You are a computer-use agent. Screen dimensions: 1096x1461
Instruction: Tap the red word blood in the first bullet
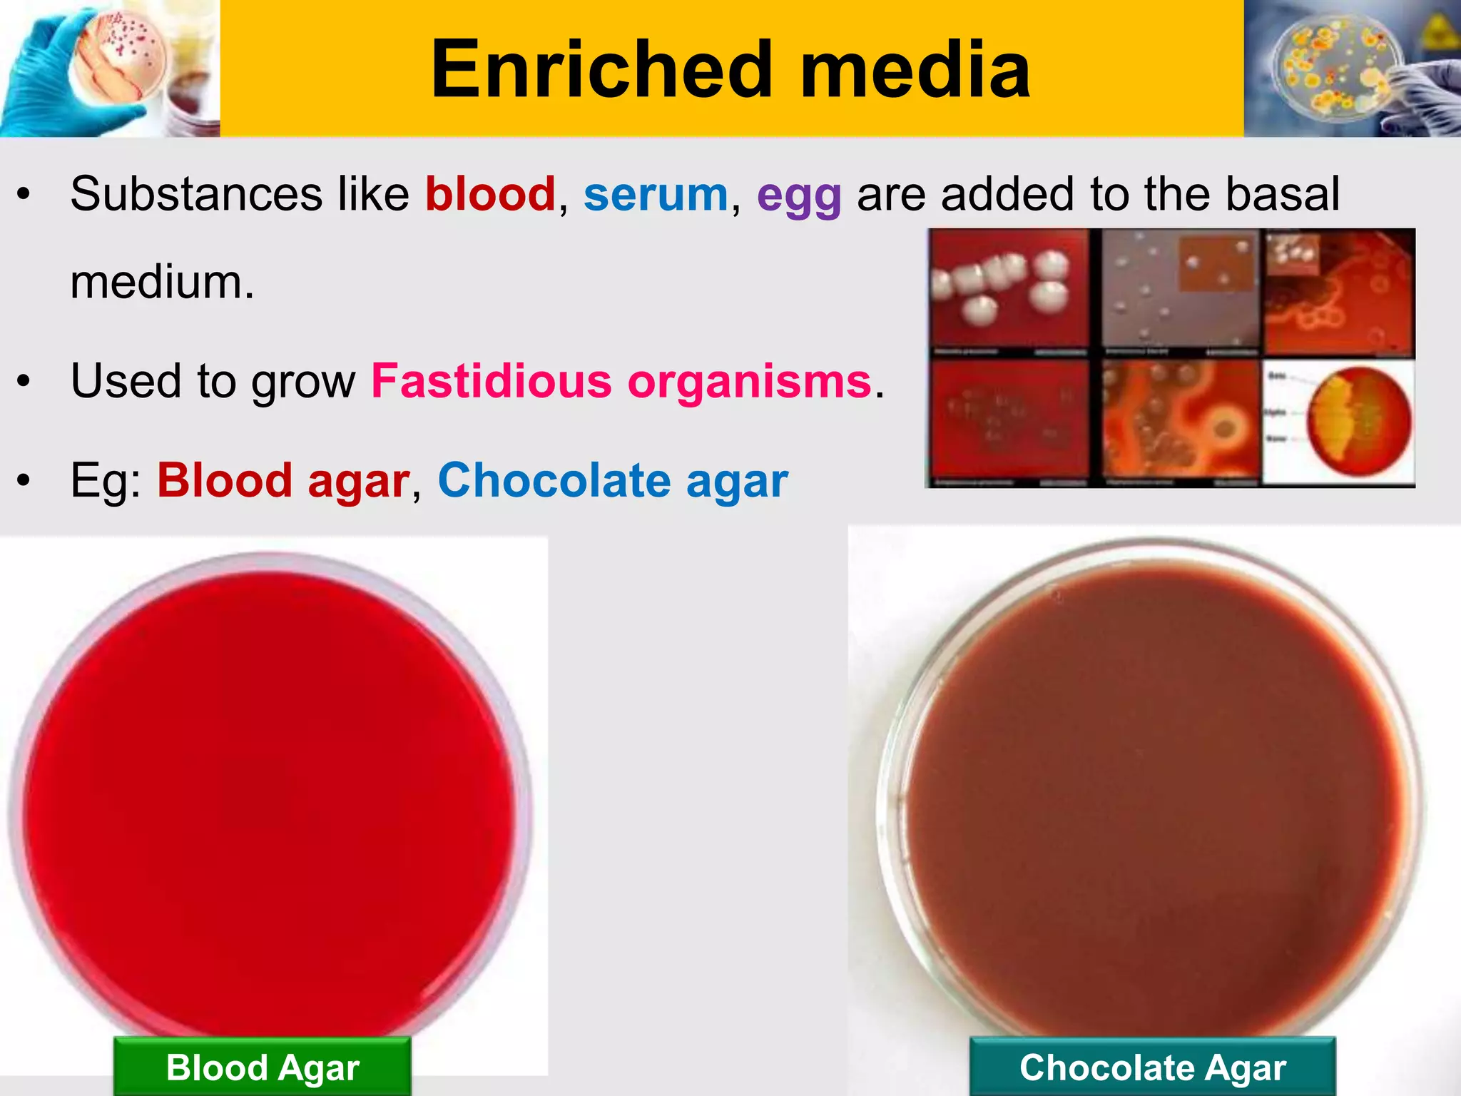click(490, 194)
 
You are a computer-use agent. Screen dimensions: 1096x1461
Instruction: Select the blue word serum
click(656, 194)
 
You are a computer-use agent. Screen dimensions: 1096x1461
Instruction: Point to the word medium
click(161, 283)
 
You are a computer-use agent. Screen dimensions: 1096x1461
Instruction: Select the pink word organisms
click(750, 382)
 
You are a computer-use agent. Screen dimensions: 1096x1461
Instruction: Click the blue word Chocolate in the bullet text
click(554, 480)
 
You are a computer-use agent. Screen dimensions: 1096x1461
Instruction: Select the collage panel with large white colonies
click(1008, 289)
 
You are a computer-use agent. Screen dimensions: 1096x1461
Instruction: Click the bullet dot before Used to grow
click(24, 382)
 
